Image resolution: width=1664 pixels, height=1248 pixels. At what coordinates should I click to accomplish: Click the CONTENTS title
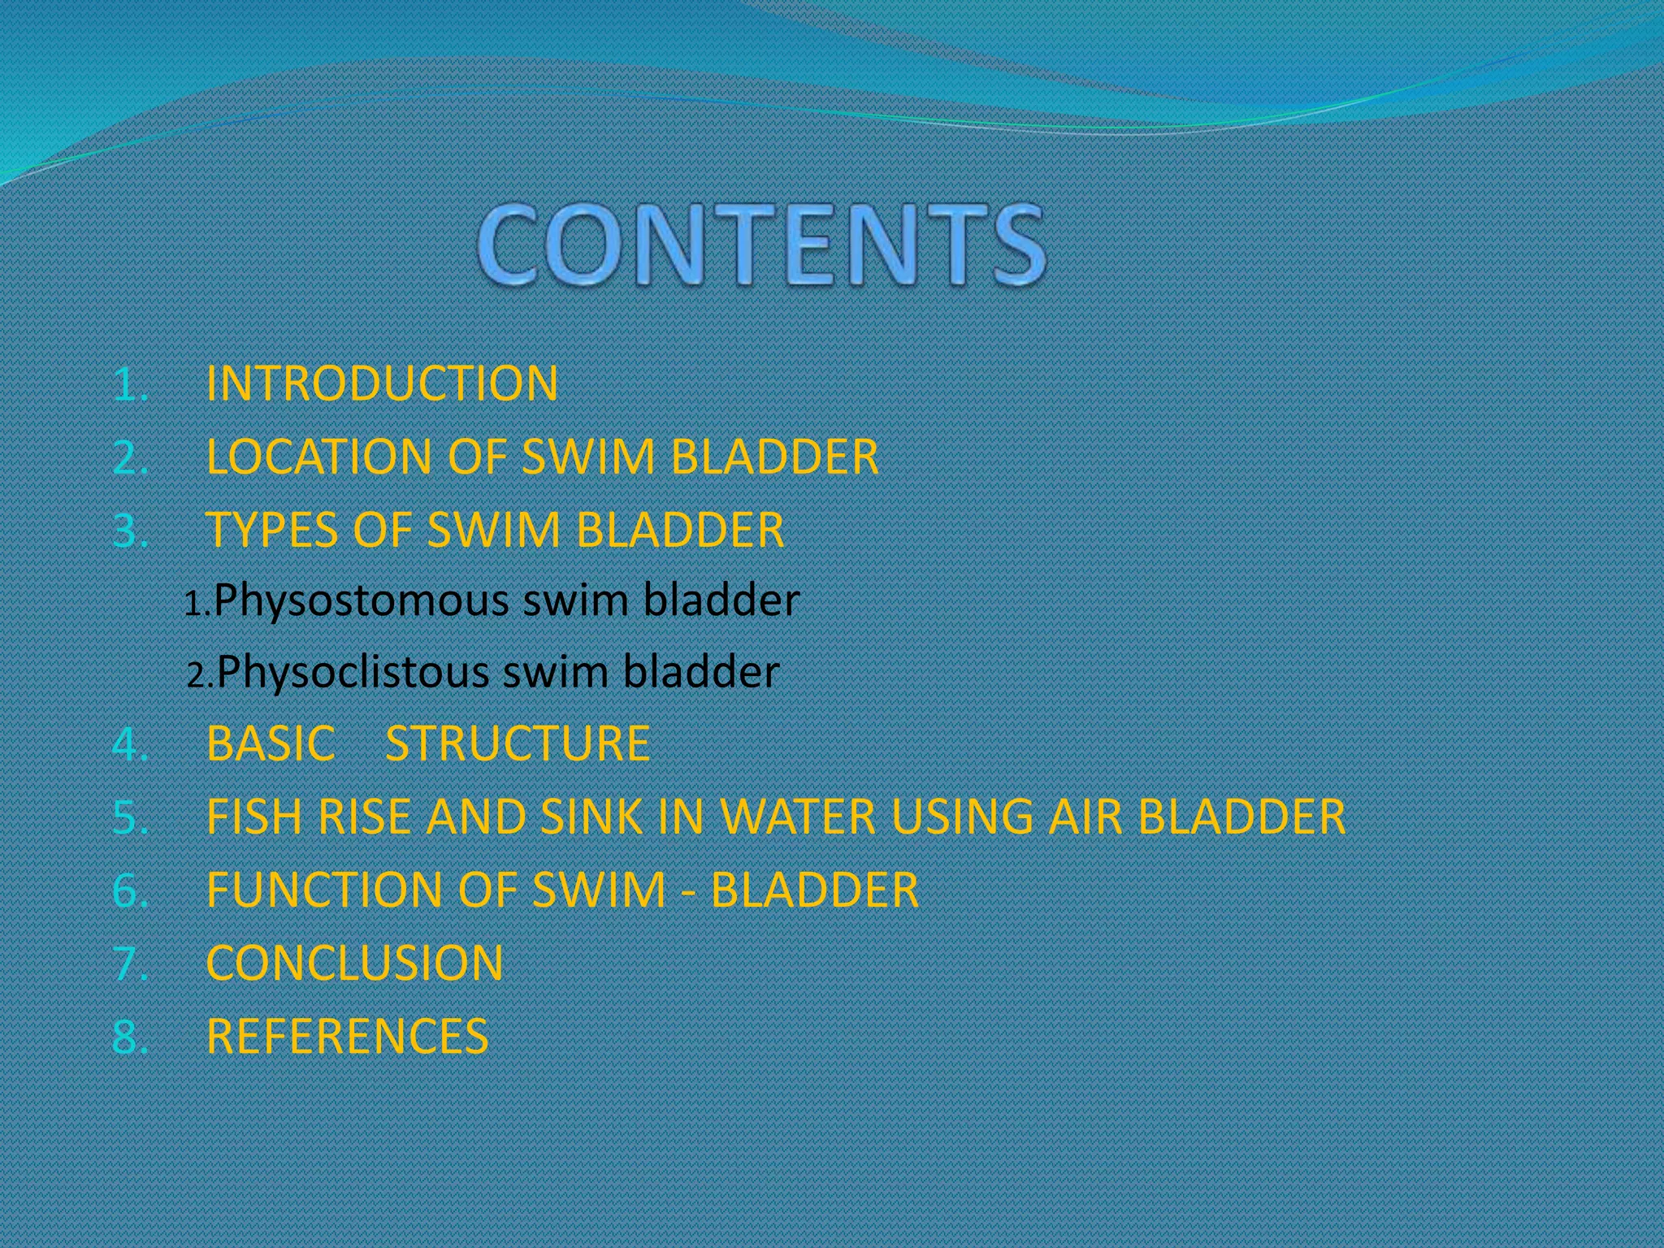click(760, 245)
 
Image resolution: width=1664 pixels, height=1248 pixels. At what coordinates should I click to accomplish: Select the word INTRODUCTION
click(382, 383)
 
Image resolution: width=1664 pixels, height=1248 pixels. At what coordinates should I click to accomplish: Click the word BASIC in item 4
click(271, 743)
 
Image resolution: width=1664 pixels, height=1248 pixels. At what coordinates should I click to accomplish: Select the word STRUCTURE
click(518, 743)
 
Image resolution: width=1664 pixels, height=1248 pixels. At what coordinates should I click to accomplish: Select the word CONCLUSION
click(354, 963)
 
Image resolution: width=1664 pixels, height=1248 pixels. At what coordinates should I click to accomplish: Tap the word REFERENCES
click(347, 1037)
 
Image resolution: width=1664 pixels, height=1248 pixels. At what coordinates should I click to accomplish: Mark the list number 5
click(126, 817)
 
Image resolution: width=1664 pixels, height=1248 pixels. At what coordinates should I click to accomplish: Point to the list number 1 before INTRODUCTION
click(126, 384)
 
